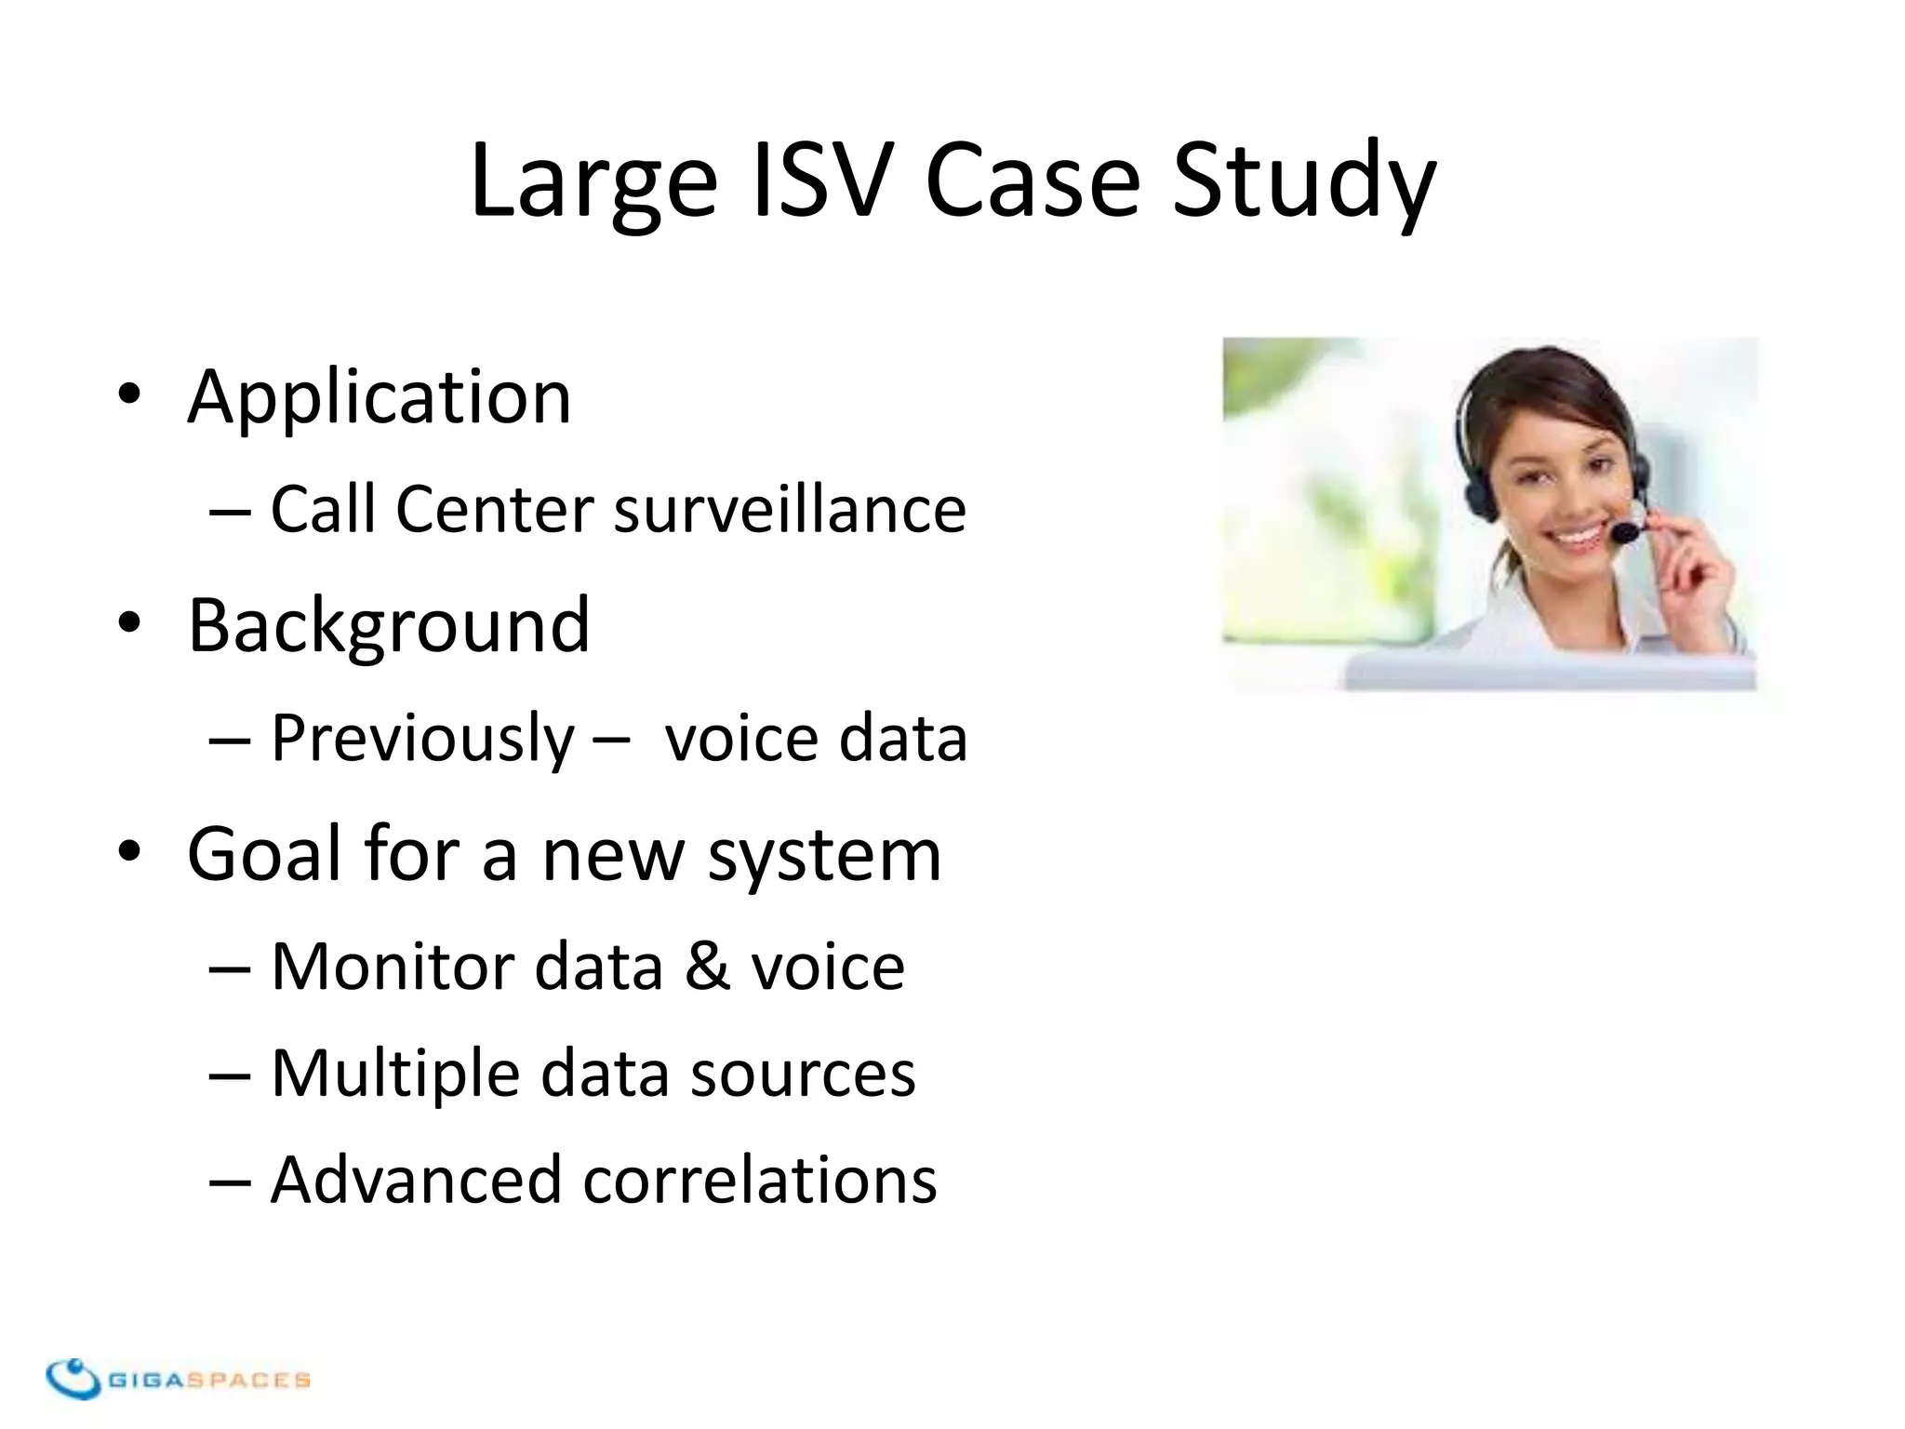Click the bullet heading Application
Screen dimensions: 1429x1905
(x=379, y=398)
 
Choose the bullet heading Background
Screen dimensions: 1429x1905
(x=389, y=625)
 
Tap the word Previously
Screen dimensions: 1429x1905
(x=423, y=739)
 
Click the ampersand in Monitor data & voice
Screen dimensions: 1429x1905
(x=707, y=967)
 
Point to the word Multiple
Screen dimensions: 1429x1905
(x=395, y=1074)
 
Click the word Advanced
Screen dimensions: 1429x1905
(x=416, y=1180)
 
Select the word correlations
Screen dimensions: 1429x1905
(x=760, y=1180)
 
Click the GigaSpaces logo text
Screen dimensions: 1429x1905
(x=210, y=1380)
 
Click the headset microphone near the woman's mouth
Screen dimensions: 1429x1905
(x=1625, y=532)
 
